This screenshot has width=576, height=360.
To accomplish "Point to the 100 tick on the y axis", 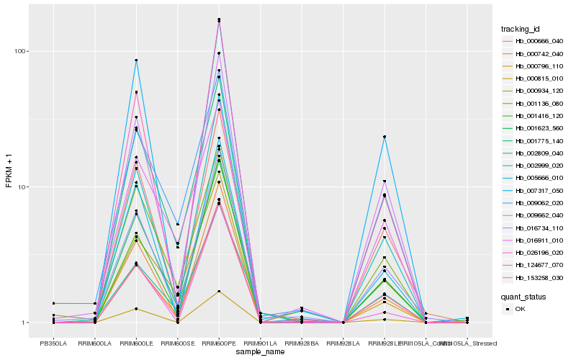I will (22, 52).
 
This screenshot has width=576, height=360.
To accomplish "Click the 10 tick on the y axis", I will (24, 187).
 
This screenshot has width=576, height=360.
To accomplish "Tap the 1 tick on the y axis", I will (26, 323).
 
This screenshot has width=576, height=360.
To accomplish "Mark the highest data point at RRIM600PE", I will (219, 19).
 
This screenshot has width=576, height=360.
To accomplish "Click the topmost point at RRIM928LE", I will (384, 137).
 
